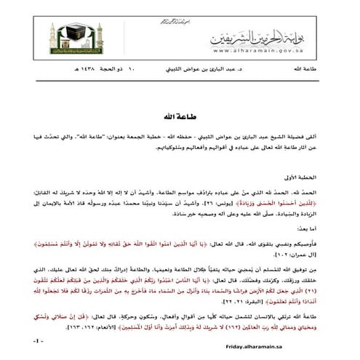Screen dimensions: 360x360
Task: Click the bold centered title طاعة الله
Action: [180, 115]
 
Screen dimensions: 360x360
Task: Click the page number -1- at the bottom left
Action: [39, 342]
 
